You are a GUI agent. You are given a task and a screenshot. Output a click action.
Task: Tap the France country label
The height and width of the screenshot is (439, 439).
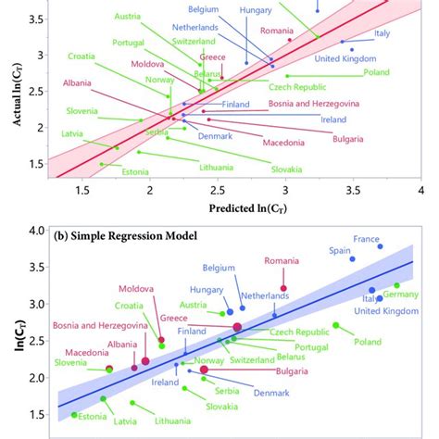367,238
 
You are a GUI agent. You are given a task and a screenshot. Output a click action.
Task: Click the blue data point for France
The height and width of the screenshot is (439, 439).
380,246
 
